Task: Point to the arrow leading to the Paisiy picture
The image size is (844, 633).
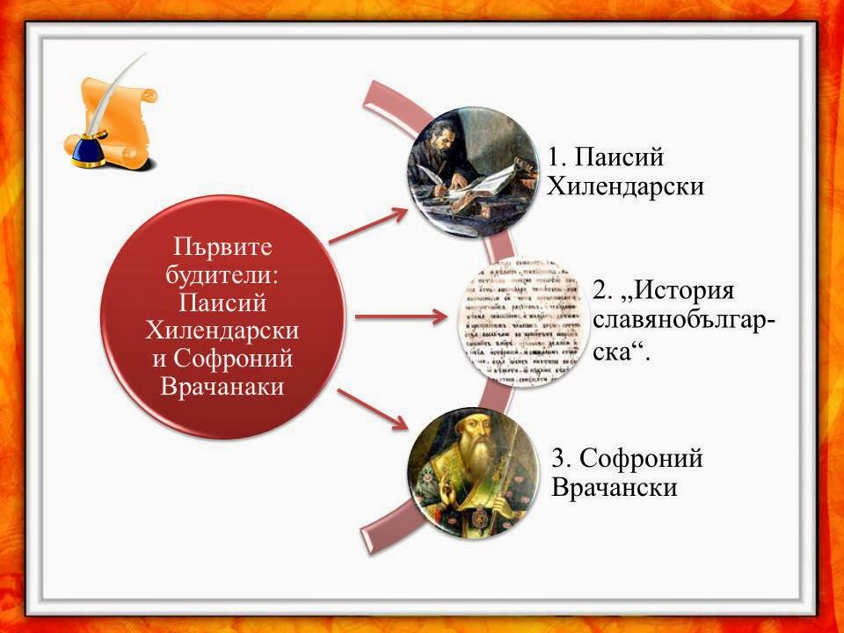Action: (367, 225)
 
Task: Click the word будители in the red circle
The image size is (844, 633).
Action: (222, 273)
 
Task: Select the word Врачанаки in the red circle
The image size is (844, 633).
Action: (222, 386)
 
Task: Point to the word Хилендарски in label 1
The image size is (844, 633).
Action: (625, 187)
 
